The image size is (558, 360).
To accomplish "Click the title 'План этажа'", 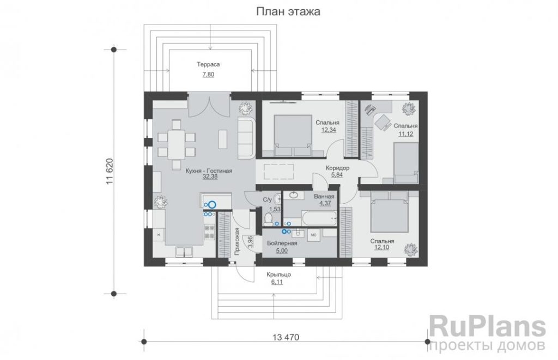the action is [288, 11].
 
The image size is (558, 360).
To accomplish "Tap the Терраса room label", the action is [209, 64].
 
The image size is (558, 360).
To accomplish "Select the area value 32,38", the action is [210, 177].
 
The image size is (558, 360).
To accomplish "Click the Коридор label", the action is [338, 168].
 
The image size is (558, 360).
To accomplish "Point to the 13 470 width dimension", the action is [286, 337].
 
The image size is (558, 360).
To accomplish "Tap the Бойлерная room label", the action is [282, 243].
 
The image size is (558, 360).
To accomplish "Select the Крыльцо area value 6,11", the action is [277, 282].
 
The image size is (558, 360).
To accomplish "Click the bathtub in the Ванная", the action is [319, 217].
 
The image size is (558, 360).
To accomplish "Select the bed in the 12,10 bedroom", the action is [389, 212].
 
